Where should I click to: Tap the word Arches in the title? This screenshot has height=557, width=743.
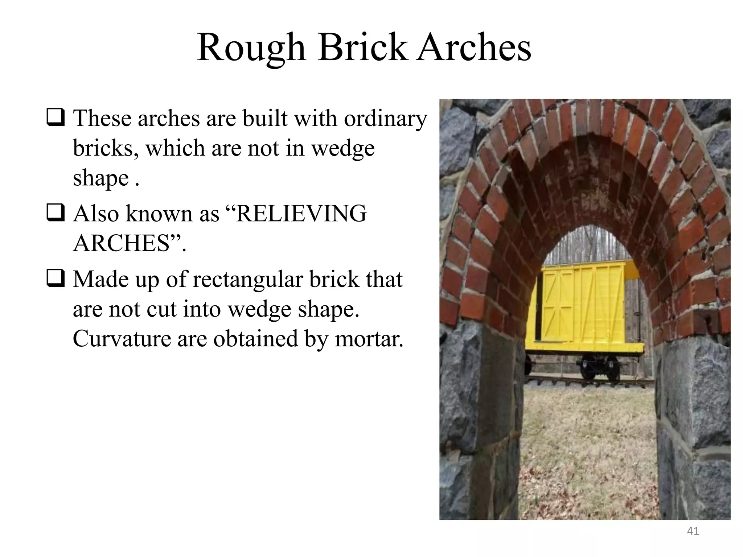(473, 48)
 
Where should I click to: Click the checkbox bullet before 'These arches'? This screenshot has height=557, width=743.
(56, 119)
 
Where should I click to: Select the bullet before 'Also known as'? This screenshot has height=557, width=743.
(56, 214)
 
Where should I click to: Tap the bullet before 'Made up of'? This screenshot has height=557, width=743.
(56, 279)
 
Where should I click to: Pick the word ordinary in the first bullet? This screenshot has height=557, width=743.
(386, 119)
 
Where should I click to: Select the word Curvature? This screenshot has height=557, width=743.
(121, 339)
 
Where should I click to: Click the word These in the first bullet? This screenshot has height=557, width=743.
(102, 119)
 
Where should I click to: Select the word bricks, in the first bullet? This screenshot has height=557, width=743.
(106, 148)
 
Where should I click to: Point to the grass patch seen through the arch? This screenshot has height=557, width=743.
(588, 446)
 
